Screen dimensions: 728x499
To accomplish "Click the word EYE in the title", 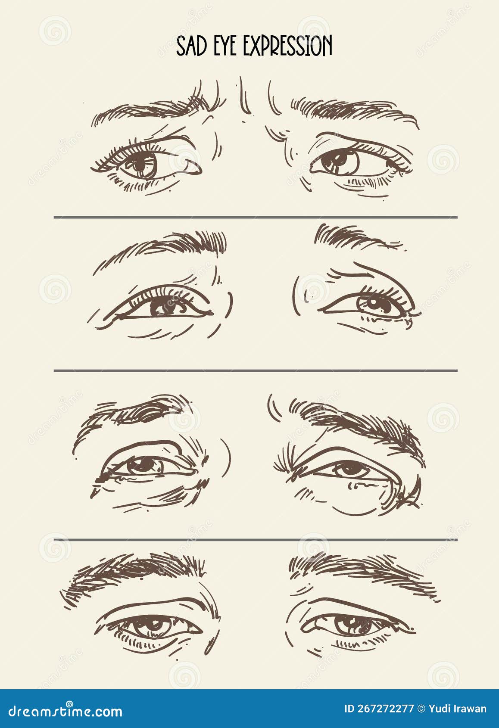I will pyautogui.click(x=226, y=47).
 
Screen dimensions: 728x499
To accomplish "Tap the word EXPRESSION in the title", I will pyautogui.click(x=288, y=47).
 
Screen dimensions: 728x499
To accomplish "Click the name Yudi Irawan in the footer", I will pyautogui.click(x=458, y=709).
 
